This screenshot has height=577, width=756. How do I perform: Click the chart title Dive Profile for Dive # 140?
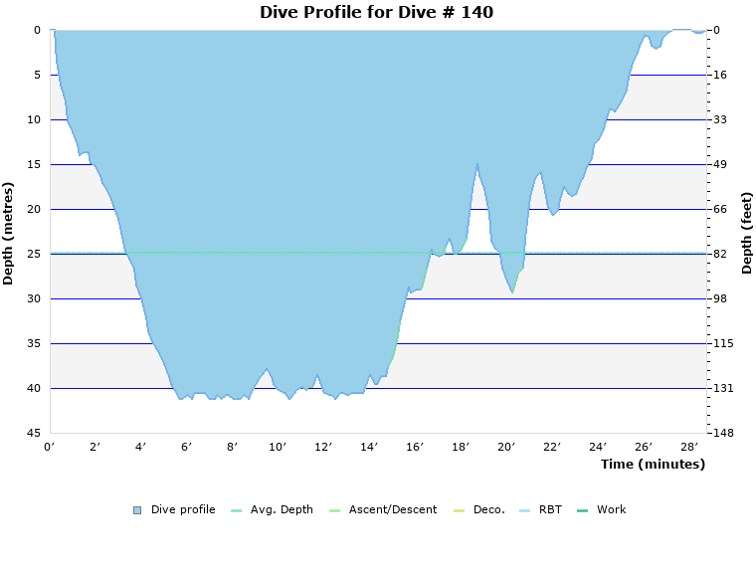tap(376, 12)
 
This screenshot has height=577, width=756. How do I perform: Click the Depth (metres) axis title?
tap(9, 233)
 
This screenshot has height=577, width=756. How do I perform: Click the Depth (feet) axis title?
tap(746, 233)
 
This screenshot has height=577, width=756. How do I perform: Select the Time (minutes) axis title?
tap(653, 464)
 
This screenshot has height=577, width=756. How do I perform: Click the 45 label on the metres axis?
tap(34, 433)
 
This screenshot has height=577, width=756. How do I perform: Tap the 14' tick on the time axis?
tap(369, 447)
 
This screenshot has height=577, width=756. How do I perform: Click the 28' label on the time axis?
tap(689, 447)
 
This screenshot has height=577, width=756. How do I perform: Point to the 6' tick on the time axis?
tap(186, 447)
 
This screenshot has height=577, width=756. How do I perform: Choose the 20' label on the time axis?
tap(506, 447)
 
